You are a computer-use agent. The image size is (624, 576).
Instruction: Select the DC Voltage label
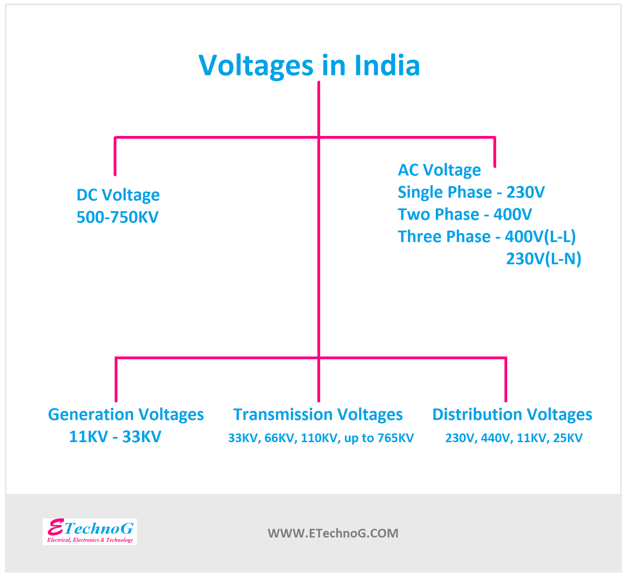click(x=118, y=195)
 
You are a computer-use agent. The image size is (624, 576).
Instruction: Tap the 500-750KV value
click(x=117, y=217)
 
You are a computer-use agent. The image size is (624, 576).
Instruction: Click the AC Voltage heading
click(x=439, y=170)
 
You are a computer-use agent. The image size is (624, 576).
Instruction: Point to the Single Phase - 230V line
click(x=471, y=192)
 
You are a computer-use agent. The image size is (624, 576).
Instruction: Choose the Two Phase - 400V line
click(x=464, y=214)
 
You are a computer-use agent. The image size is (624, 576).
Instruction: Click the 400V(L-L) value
click(x=540, y=237)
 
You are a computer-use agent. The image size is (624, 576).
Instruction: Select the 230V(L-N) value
click(x=543, y=259)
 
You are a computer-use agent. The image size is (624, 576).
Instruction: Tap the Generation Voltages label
click(x=126, y=415)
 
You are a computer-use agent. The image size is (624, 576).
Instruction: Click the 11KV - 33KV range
click(x=115, y=437)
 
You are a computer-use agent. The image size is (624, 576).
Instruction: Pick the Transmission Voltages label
click(x=318, y=415)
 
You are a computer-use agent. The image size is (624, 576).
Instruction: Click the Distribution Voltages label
click(x=512, y=415)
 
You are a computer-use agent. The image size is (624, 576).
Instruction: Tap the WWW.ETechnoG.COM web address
click(x=333, y=533)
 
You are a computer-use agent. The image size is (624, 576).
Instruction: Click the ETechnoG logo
click(x=90, y=528)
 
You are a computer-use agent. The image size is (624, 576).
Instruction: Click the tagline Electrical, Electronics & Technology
click(x=90, y=540)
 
